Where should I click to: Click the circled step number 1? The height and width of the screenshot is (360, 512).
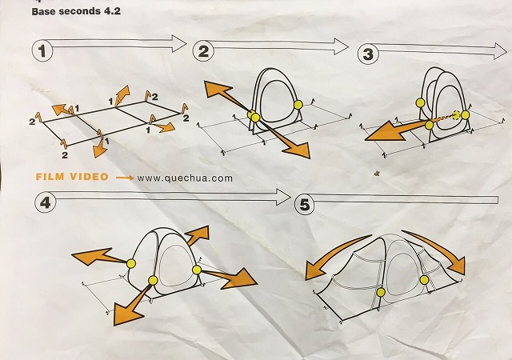point(42,51)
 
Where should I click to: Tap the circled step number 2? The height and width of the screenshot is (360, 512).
point(203,51)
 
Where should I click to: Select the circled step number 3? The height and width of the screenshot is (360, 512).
point(368,54)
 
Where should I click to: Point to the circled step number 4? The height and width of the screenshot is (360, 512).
point(45,202)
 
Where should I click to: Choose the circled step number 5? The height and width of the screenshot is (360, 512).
point(304,205)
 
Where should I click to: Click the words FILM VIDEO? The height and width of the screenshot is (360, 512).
point(72,177)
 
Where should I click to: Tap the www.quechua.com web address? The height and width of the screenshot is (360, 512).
point(185,178)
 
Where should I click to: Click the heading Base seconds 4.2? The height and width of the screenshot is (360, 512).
point(76,11)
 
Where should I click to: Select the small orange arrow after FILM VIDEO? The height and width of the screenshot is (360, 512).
point(125,178)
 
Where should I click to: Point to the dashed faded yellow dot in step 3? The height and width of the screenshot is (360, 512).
point(457,114)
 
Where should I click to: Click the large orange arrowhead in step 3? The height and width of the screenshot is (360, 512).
point(386,132)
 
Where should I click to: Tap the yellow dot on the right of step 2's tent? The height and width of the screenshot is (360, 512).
point(298,105)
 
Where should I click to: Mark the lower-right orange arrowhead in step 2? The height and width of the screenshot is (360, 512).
point(297,150)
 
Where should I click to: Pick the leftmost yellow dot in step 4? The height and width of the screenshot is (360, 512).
point(131,263)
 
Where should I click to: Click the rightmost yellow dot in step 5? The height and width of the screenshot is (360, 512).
point(424,280)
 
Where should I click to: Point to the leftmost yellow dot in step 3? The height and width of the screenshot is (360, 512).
point(421,103)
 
